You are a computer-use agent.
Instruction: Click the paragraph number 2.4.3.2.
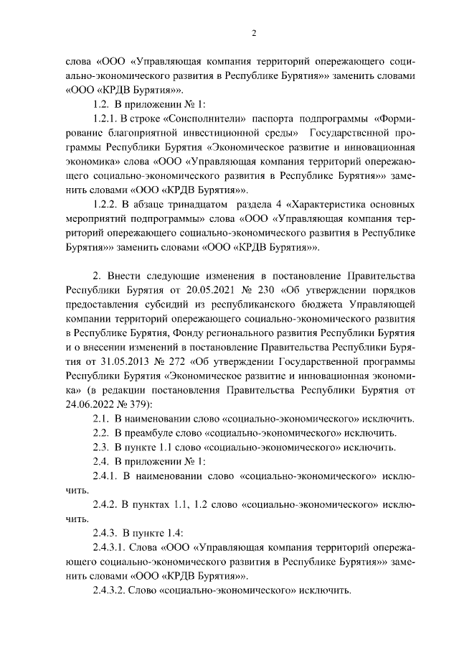pos(111,590)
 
